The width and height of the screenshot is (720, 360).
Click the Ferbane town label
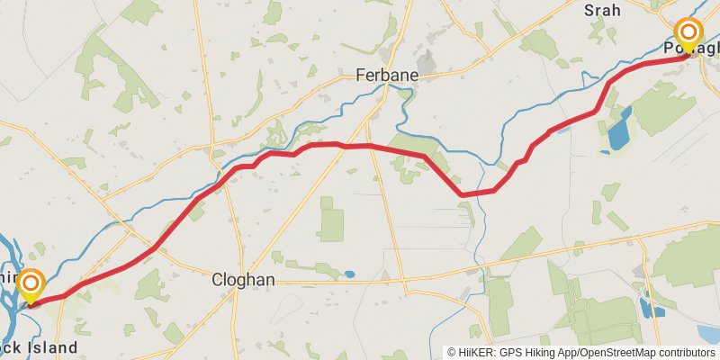point(387,76)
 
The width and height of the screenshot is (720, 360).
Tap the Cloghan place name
point(242,280)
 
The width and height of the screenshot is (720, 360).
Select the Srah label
point(603,11)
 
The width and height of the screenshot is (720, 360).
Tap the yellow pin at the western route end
point(31,286)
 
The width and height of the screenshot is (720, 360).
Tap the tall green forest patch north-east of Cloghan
point(331,219)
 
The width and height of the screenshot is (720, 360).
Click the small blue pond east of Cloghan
point(348,274)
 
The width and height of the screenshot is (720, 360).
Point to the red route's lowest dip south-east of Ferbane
point(463,193)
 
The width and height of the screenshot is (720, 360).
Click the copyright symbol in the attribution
point(452,353)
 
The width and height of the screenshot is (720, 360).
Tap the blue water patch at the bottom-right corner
point(709,335)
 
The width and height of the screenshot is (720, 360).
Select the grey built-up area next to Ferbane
point(423,63)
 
